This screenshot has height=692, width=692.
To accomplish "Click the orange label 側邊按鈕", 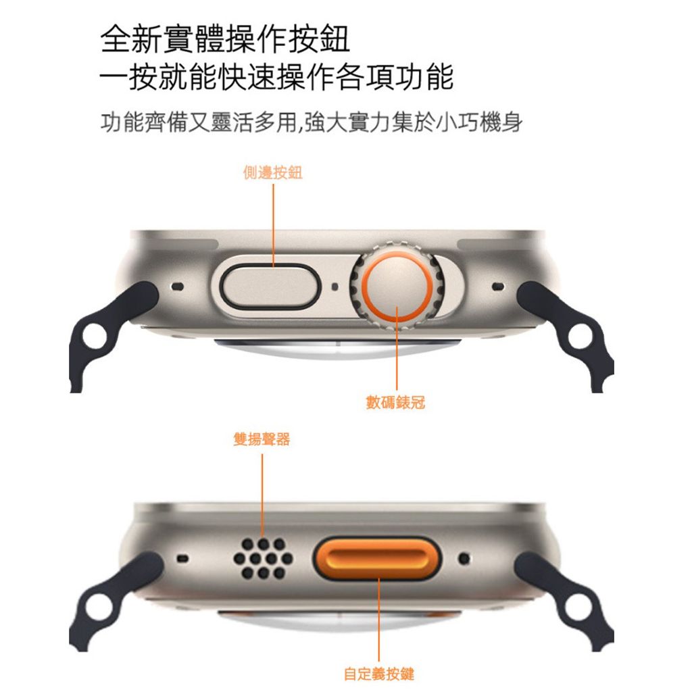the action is point(273,172).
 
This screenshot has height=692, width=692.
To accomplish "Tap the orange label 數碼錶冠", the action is point(395,402).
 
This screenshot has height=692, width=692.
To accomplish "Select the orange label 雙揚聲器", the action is point(262,439).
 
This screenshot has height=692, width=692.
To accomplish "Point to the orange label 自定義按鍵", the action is point(378,674).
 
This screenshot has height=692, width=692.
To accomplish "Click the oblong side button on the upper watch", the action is point(269,287).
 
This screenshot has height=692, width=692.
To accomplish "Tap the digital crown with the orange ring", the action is point(397,286).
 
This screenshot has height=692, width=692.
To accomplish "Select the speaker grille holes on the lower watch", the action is point(263,558).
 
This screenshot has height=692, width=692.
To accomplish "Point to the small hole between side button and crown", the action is point(335,287).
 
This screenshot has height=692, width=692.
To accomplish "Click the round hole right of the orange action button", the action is point(464,558).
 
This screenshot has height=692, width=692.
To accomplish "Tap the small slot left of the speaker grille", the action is point(182,559).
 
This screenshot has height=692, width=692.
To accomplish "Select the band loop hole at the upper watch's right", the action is point(581,337).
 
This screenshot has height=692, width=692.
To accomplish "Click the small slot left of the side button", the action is point(178,287).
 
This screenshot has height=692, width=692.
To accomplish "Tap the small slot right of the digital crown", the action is point(498,287).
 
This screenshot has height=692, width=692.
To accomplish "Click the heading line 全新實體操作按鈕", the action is point(225,39).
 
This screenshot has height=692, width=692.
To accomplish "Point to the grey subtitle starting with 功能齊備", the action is point(312,122).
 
